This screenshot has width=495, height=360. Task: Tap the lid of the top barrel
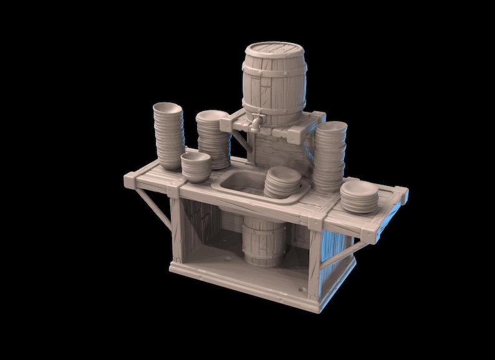(x=274, y=49)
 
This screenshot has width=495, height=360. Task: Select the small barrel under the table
(x=264, y=242)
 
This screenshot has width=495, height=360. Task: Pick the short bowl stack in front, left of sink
(x=196, y=167)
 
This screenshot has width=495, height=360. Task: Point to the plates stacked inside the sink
(x=282, y=182)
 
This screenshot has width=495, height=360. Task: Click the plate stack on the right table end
(x=359, y=197)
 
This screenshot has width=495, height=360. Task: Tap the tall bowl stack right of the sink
(x=329, y=156)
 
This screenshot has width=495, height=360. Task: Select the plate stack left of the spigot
(x=213, y=139)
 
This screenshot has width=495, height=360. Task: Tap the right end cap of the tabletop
(x=402, y=195)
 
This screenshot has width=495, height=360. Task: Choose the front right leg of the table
(x=314, y=262)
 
